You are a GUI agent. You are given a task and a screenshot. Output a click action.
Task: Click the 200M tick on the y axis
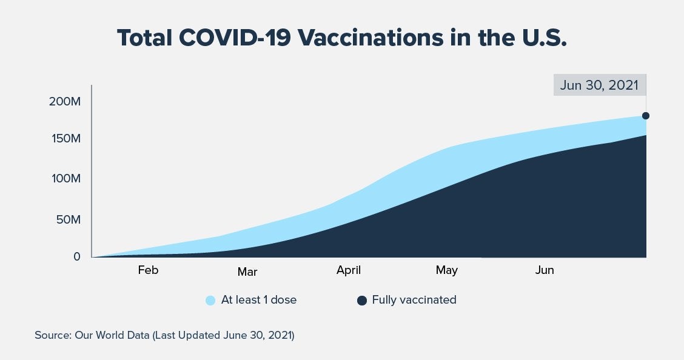click(x=65, y=101)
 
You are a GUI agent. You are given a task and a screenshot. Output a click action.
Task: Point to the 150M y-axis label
click(x=65, y=139)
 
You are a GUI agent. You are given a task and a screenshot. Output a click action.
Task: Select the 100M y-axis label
click(x=65, y=179)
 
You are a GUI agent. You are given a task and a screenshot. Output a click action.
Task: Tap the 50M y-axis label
click(x=68, y=219)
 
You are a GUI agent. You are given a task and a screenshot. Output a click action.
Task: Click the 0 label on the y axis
click(x=76, y=256)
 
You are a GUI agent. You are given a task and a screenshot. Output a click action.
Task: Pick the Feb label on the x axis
click(x=148, y=270)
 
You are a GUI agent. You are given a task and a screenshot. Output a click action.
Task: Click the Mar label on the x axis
click(x=247, y=272)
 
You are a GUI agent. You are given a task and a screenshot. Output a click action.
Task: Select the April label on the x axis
click(x=349, y=270)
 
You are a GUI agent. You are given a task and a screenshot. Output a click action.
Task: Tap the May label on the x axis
click(x=447, y=270)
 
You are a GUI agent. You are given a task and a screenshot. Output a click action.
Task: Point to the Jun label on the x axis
click(x=545, y=270)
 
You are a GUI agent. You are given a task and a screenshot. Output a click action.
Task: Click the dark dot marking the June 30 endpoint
click(x=646, y=116)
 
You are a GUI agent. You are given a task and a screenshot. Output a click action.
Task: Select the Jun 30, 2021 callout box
click(x=599, y=85)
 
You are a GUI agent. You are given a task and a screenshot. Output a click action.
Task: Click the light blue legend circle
click(x=210, y=301)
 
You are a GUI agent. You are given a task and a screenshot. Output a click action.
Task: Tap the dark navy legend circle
click(x=362, y=301)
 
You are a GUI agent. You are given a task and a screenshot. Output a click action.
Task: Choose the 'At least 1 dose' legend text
click(x=259, y=300)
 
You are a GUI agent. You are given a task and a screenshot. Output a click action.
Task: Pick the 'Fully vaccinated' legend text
click(x=414, y=300)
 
